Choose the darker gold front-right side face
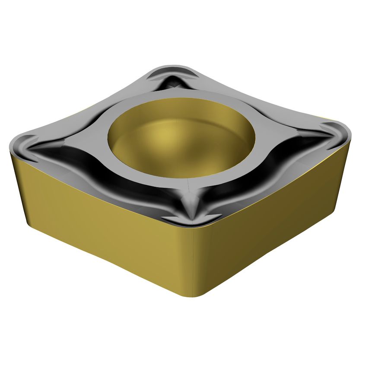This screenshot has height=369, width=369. pos(277,225)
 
